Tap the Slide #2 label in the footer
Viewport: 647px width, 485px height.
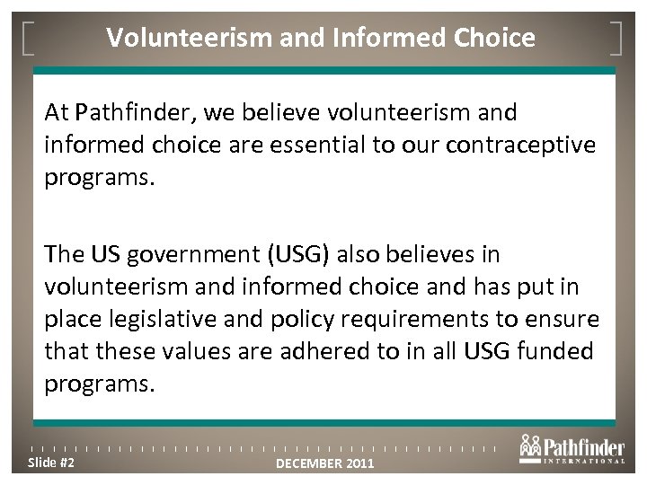(50, 463)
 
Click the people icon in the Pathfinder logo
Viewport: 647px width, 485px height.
(530, 445)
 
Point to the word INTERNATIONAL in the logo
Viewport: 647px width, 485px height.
(583, 462)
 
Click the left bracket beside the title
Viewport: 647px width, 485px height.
(27, 38)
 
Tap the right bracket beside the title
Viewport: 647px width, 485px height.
(619, 38)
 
